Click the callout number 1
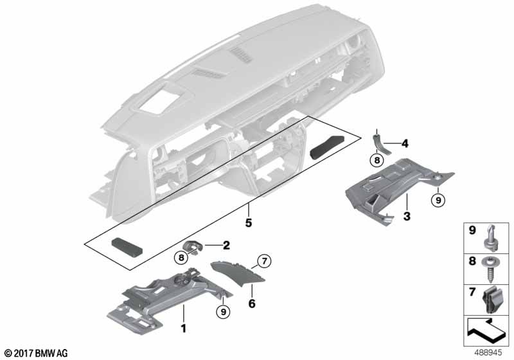(184, 328)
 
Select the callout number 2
(226, 245)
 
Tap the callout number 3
(407, 216)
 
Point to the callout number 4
(405, 143)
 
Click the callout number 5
(249, 223)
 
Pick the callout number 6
(252, 303)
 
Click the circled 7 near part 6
(264, 261)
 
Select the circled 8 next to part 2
(181, 258)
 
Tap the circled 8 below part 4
(377, 160)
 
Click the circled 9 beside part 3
(438, 199)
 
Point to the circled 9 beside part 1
(223, 312)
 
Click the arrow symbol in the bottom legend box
(486, 330)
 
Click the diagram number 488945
(489, 353)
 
